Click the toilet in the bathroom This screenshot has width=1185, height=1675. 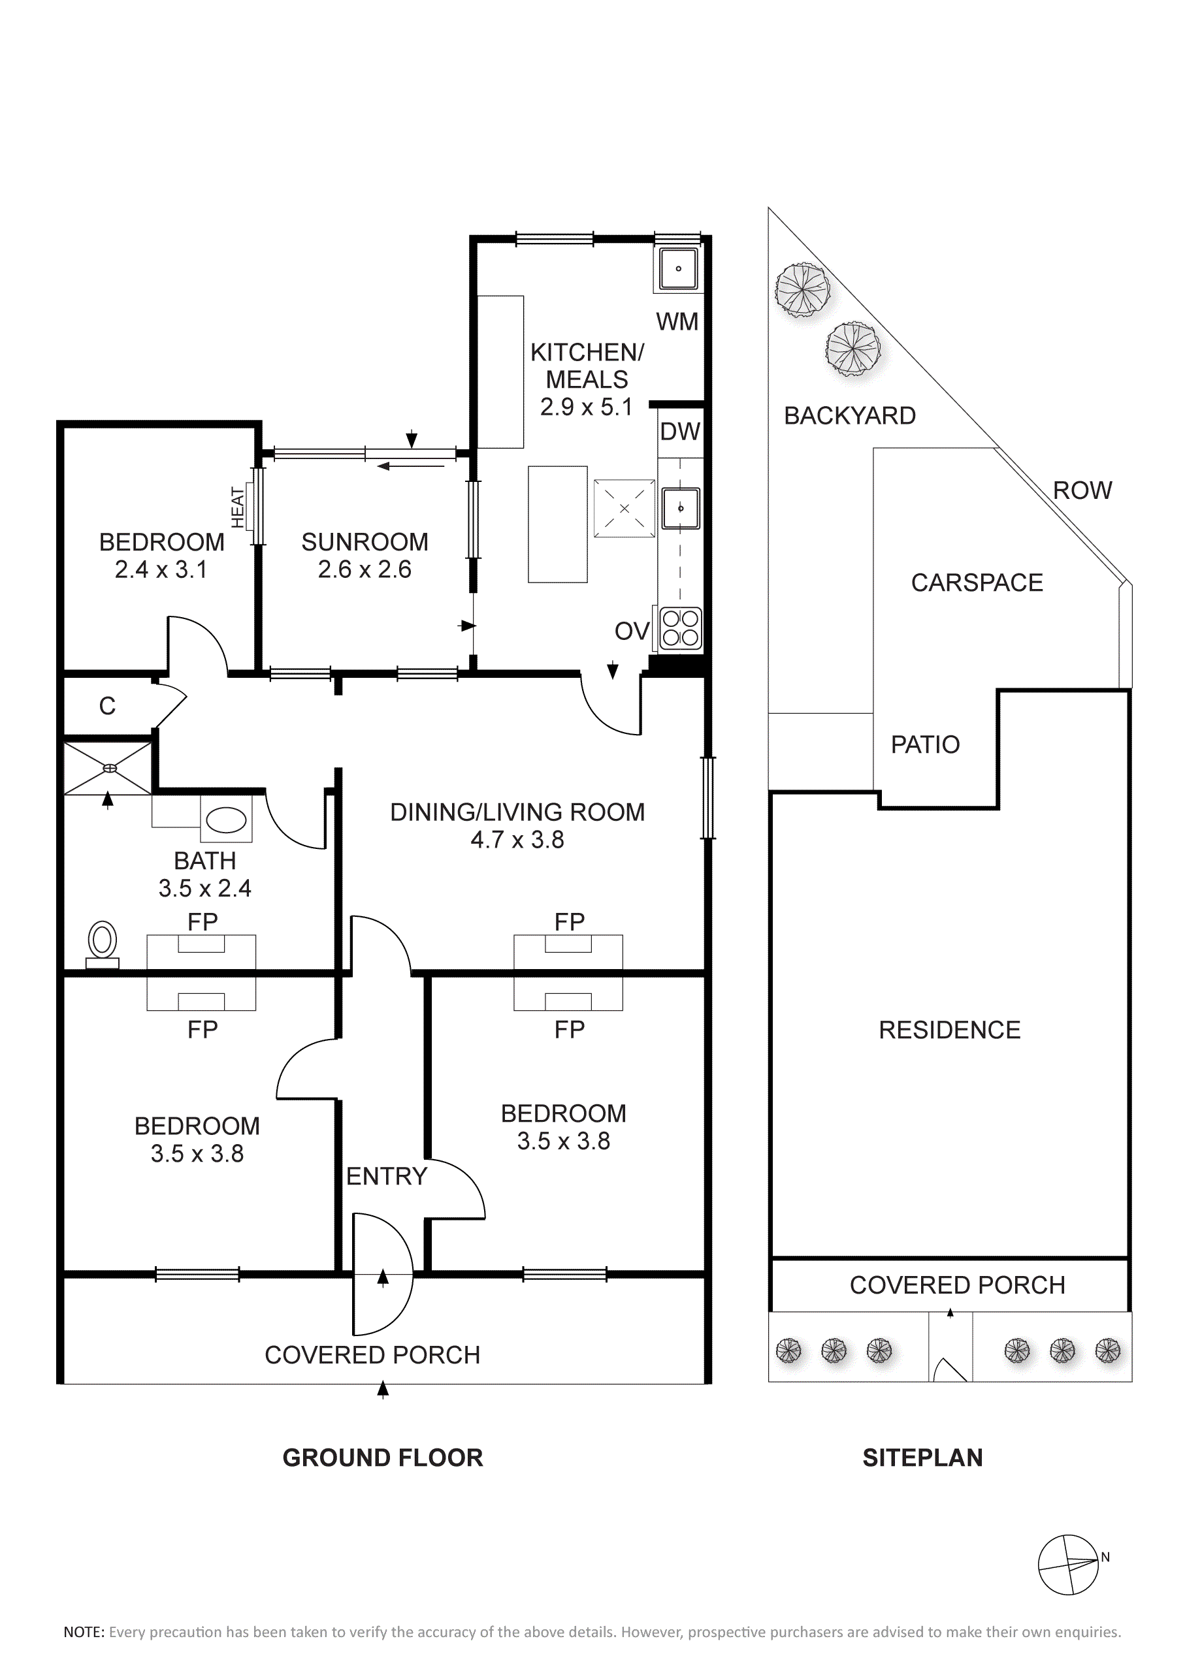(102, 944)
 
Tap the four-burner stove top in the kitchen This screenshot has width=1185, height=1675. (680, 628)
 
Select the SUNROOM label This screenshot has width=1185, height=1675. (365, 542)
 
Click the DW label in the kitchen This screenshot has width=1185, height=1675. (680, 432)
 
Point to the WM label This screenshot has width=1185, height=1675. (677, 322)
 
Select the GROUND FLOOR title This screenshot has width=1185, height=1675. (382, 1458)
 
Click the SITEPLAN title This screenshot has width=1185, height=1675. (922, 1458)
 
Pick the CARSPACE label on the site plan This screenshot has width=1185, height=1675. (977, 583)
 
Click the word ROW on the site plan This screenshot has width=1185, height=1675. (1082, 490)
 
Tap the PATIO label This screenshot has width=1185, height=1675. (925, 744)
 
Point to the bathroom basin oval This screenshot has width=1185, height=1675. (226, 821)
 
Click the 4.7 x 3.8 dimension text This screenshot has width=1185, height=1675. (517, 840)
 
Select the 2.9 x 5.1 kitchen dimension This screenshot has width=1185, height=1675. (586, 407)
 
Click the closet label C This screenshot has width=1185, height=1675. (107, 706)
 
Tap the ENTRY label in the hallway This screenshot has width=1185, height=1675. (386, 1176)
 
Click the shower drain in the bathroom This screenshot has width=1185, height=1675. (110, 767)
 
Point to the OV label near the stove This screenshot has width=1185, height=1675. (632, 631)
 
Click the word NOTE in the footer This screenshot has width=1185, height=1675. (84, 1632)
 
